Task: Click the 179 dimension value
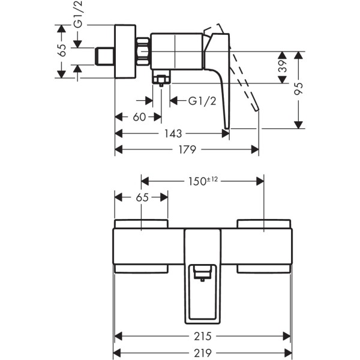187,150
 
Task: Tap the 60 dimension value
139,117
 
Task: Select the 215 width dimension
203,336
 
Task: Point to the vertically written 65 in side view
62,51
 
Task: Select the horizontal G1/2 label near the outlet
202,101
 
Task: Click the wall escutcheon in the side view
125,51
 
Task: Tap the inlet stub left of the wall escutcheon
105,56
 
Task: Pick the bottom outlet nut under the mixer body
161,79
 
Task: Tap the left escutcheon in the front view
142,246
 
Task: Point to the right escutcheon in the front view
265,246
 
